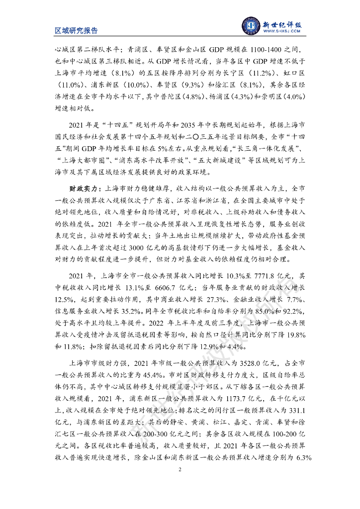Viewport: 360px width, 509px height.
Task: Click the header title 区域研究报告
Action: click(76, 30)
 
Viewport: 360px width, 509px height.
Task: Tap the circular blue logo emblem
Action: click(251, 24)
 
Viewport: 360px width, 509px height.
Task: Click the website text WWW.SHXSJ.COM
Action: click(282, 31)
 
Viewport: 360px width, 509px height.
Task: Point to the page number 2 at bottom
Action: click(180, 469)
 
